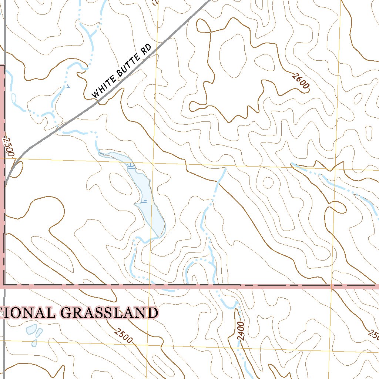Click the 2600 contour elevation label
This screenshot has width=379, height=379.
click(x=300, y=81)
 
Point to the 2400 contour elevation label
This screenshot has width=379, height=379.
click(x=241, y=331)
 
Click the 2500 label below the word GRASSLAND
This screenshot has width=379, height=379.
click(x=123, y=335)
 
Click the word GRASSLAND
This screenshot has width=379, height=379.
click(x=109, y=313)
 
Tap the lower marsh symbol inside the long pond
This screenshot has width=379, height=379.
click(x=144, y=202)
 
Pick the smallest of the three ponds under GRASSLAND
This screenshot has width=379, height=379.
click(x=34, y=343)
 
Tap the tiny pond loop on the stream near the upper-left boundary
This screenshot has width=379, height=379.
click(x=14, y=98)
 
